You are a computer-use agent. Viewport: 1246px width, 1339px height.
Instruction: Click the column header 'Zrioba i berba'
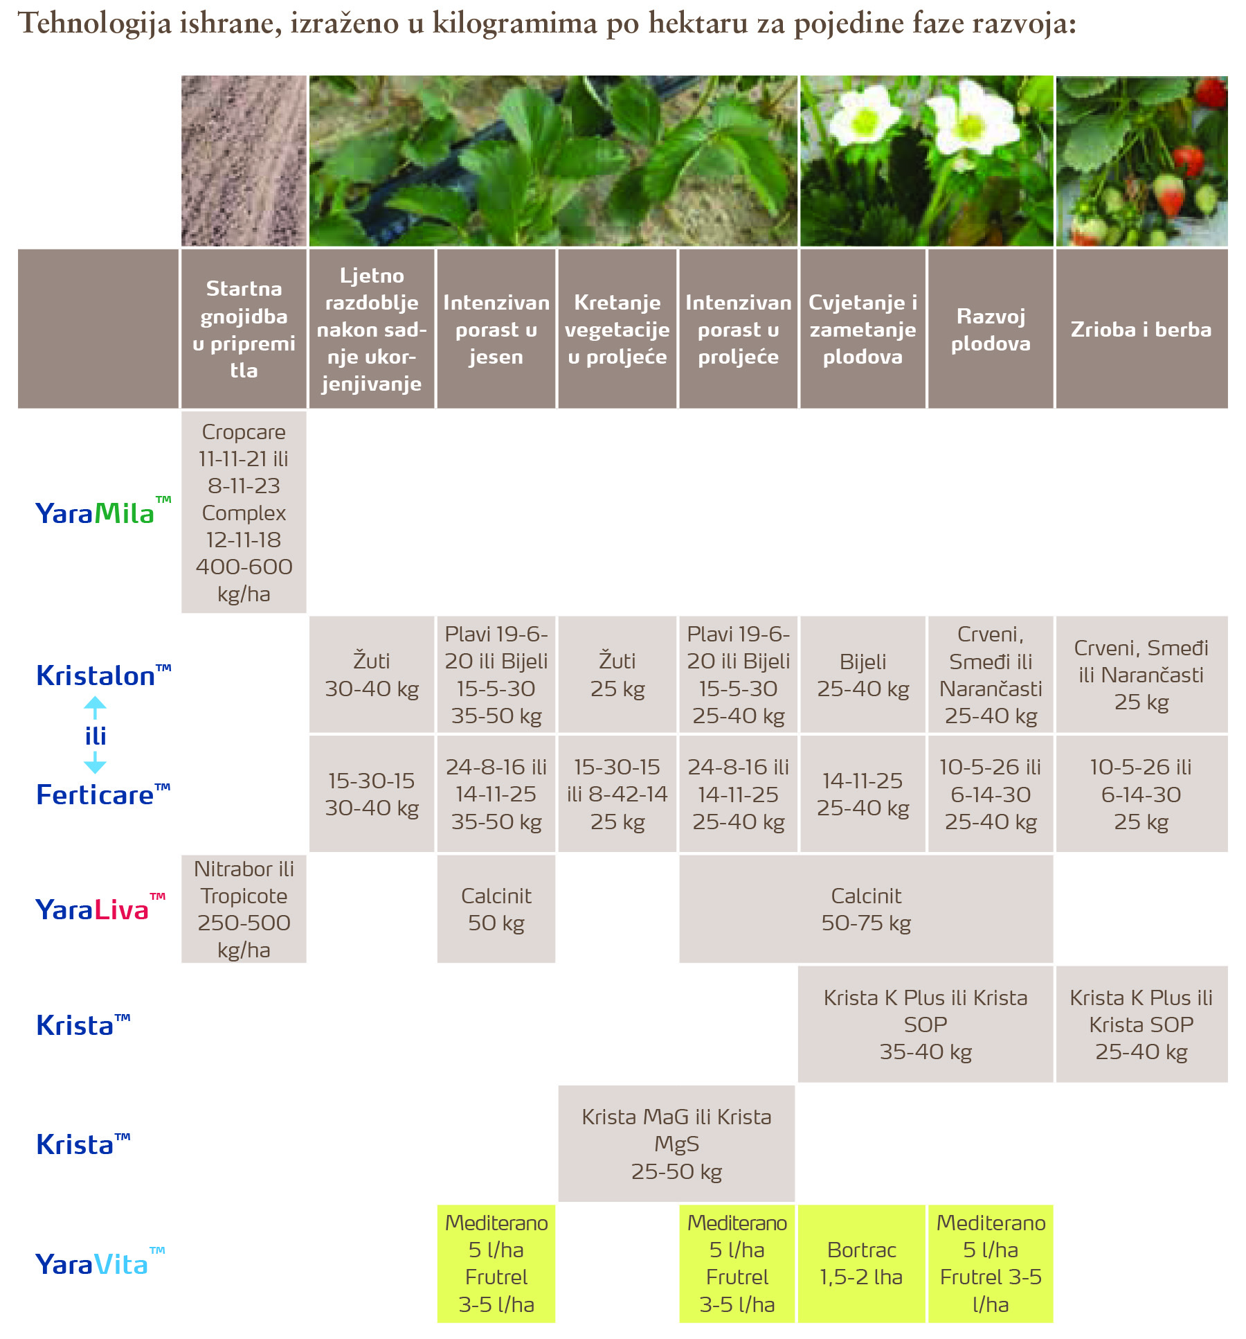1141,329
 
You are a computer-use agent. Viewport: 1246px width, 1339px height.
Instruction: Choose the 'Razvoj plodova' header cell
990,329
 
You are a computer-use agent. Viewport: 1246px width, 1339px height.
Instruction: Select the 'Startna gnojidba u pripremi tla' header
244,329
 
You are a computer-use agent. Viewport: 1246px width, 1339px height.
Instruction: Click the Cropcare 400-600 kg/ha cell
244,513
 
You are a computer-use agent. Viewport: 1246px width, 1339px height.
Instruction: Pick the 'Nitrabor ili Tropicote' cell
244,909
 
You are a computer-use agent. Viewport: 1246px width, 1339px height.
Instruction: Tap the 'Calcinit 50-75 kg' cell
866,909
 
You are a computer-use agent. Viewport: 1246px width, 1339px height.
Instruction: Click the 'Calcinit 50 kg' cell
496,909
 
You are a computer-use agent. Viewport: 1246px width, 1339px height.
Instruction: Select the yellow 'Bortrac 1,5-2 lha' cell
861,1263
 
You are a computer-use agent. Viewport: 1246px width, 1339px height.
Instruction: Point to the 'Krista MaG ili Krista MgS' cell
676,1144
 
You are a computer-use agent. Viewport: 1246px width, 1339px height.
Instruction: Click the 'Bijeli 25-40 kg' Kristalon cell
863,675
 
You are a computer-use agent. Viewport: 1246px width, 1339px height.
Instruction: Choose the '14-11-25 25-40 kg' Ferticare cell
863,794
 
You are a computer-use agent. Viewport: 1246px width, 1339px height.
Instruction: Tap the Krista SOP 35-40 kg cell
925,1025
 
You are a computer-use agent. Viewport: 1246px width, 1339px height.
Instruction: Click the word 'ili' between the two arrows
96,736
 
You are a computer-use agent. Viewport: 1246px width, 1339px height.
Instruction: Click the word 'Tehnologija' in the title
94,24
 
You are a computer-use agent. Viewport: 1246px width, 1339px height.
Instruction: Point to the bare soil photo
244,161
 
